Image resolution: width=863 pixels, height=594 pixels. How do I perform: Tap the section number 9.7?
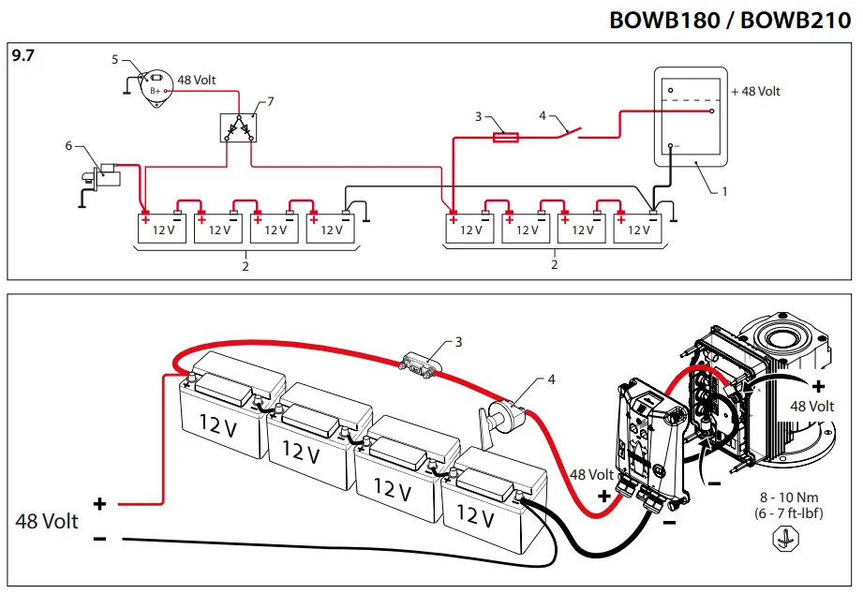coord(22,55)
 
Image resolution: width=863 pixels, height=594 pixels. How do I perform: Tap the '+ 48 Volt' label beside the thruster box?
coord(755,92)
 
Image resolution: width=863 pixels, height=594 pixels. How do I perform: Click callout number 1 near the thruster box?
coord(723,190)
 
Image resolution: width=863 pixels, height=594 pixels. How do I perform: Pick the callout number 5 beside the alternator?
coord(114,59)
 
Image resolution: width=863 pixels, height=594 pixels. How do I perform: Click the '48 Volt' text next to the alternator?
coord(196,81)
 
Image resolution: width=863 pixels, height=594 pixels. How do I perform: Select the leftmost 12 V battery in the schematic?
coord(163,229)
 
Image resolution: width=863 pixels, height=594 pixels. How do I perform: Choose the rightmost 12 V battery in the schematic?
coord(638,229)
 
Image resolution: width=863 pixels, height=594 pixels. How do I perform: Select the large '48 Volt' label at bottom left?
coord(47,521)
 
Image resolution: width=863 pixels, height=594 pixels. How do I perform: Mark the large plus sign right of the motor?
coord(819,386)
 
